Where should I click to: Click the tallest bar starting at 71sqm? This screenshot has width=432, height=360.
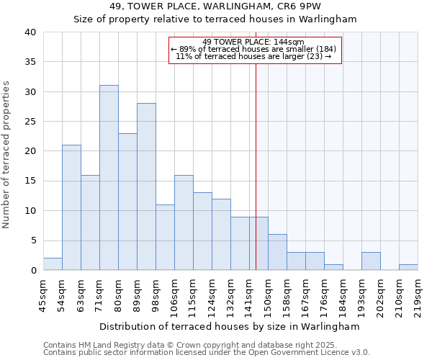(x=109, y=178)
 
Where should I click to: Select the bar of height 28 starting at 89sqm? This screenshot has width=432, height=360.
(x=146, y=186)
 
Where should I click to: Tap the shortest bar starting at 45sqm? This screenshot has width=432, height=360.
(x=53, y=264)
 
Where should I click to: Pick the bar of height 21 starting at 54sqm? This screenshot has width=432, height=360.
(x=71, y=207)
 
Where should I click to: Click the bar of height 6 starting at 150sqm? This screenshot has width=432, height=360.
(x=277, y=252)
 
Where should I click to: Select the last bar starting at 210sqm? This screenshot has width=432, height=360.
(x=408, y=267)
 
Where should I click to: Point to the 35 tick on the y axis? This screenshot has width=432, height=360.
(x=29, y=62)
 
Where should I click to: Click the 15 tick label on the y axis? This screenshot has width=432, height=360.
(x=29, y=181)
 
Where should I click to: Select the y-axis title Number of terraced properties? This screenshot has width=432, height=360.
(x=8, y=155)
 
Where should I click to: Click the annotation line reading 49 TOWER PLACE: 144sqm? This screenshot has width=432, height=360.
(x=253, y=42)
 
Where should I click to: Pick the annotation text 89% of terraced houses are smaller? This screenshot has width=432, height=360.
(x=253, y=49)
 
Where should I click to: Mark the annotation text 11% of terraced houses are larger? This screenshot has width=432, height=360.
(x=253, y=56)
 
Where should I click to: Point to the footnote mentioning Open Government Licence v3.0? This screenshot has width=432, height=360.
(x=207, y=353)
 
